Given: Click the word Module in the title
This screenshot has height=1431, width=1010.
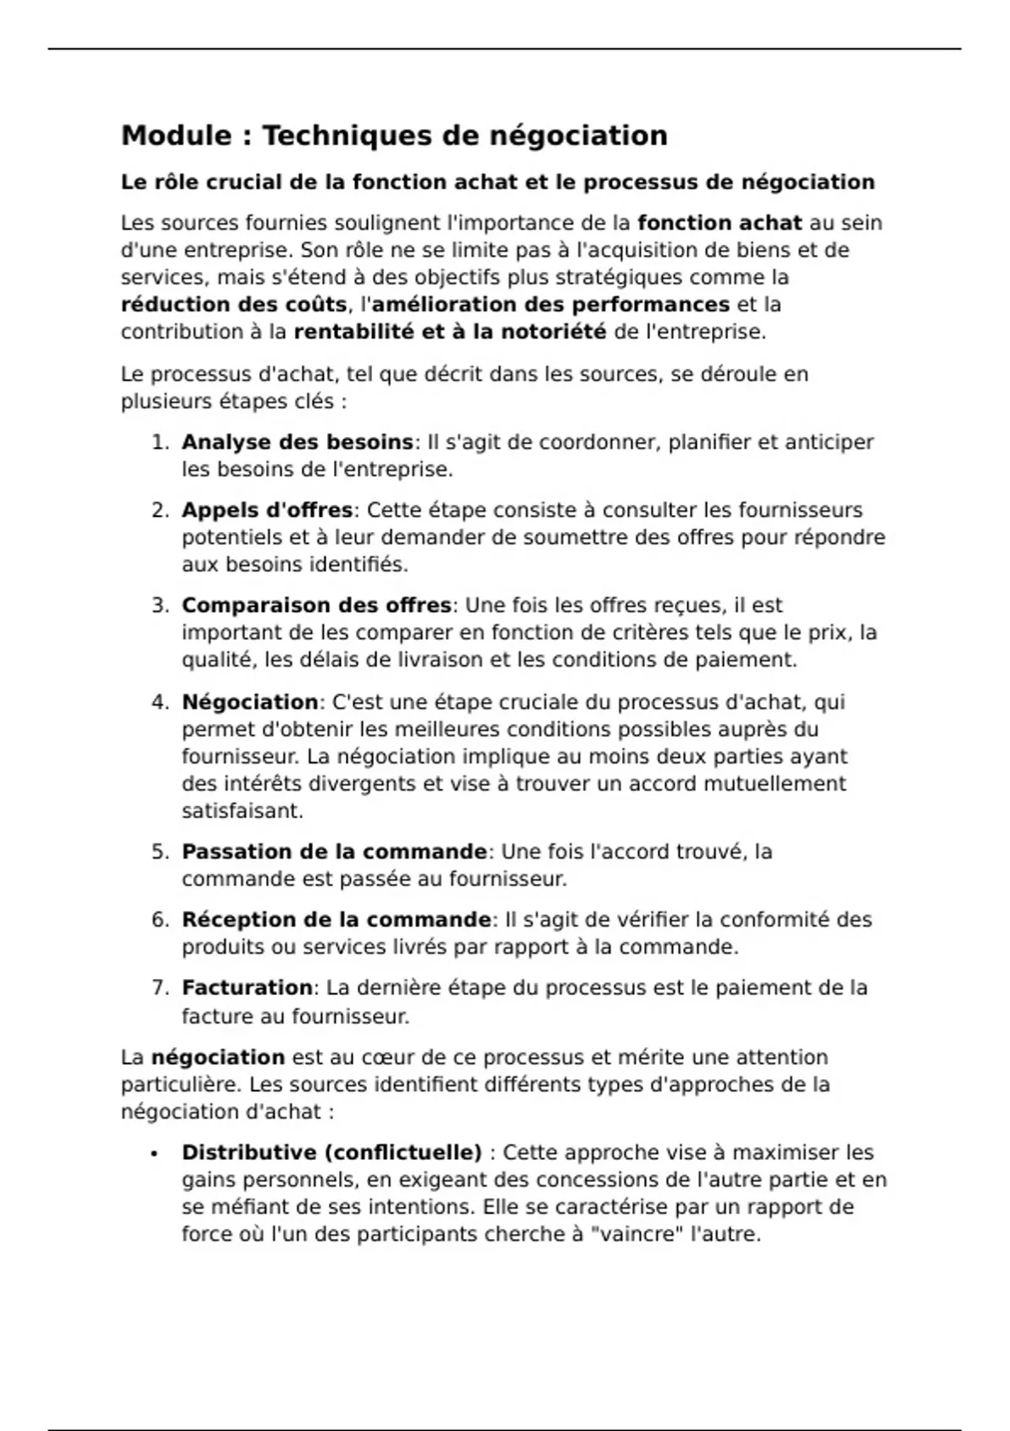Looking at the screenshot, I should (x=176, y=136).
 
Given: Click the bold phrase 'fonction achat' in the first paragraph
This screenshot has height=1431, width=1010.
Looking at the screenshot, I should (x=720, y=223).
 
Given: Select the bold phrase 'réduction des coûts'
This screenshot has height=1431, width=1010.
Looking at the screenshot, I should (x=233, y=304).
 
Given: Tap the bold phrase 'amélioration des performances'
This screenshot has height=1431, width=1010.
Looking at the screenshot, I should (x=550, y=304).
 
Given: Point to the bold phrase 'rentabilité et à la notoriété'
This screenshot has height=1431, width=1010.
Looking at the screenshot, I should (x=449, y=332).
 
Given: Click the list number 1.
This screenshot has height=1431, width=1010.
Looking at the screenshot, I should (x=160, y=443).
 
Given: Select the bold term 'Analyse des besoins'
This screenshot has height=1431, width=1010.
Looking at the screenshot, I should (x=297, y=442).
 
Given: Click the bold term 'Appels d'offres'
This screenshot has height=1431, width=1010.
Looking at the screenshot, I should (x=267, y=510).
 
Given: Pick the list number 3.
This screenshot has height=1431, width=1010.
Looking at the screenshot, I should (x=160, y=606).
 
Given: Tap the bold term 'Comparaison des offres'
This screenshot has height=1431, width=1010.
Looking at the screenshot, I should (x=316, y=605).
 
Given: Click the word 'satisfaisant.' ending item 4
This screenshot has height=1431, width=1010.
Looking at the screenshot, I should (x=242, y=811).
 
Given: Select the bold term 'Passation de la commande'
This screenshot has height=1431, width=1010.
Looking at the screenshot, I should (x=334, y=852).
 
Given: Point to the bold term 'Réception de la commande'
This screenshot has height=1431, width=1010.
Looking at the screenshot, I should (x=337, y=920).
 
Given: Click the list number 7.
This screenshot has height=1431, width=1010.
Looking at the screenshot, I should (x=160, y=988).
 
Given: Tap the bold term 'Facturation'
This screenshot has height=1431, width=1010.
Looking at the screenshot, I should (x=247, y=987).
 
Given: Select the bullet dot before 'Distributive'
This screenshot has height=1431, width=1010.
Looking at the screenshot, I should (x=154, y=1154).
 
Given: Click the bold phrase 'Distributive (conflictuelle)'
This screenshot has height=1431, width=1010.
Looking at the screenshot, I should (x=332, y=1152).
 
